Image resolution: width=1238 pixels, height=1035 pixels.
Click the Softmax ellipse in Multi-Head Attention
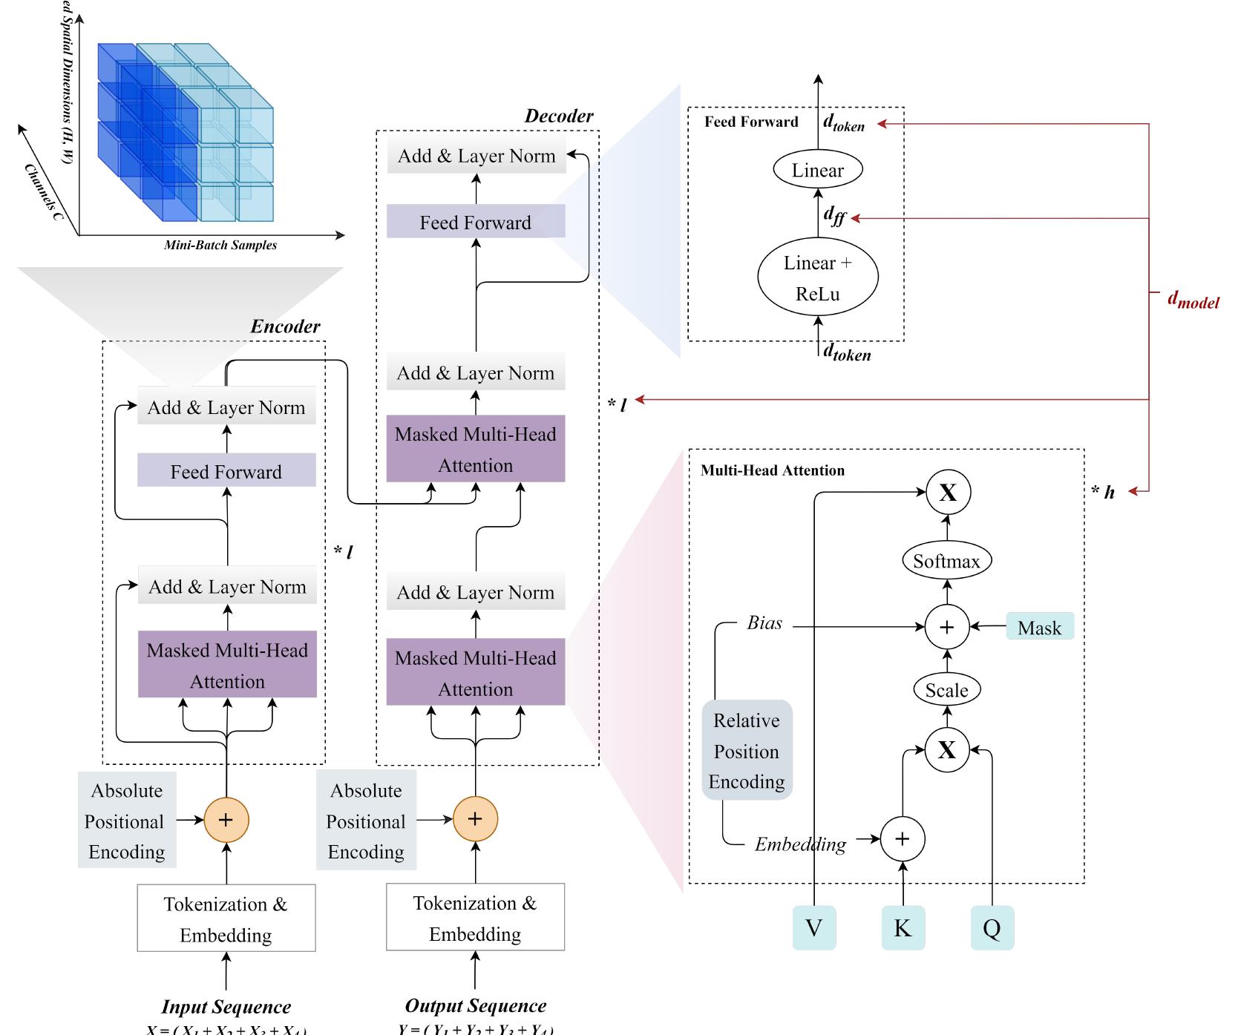[x=946, y=561]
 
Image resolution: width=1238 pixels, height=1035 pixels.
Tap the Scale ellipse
[x=946, y=690]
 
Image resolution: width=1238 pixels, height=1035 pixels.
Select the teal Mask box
[x=1039, y=627]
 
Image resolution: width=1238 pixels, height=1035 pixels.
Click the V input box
[x=814, y=927]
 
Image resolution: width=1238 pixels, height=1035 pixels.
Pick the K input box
[x=903, y=927]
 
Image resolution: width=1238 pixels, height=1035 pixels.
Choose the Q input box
[x=992, y=927]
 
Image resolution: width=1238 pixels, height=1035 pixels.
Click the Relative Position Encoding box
[x=747, y=750]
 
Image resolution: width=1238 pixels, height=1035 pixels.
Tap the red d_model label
[x=1193, y=300]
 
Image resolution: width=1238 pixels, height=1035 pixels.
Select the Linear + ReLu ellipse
[x=817, y=277]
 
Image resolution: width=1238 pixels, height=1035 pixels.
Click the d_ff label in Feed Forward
[x=834, y=216]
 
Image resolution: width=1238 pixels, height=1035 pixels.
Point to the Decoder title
[x=558, y=116]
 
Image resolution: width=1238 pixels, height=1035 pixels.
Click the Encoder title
[x=285, y=326]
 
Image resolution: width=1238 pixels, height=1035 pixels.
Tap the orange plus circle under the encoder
[x=226, y=820]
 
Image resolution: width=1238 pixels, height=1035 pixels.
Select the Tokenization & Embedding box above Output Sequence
[x=475, y=918]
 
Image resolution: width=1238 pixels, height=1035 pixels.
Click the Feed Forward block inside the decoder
[x=476, y=222]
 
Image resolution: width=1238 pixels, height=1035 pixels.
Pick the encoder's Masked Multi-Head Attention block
[x=227, y=665]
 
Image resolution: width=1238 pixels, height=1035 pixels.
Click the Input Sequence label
[x=226, y=1007]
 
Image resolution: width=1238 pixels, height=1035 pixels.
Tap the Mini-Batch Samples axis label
[x=220, y=245]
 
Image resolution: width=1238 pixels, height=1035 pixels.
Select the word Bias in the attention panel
[x=764, y=623]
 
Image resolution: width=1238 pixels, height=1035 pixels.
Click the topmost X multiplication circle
[x=948, y=492]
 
